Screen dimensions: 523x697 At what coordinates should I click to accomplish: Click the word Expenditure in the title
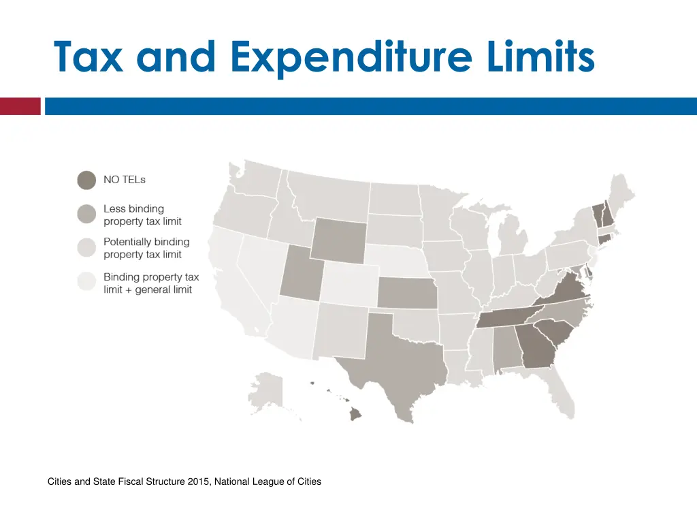tap(350, 57)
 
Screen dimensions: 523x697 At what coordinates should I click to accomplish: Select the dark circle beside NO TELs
tap(86, 180)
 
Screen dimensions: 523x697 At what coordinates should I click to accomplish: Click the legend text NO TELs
tap(125, 180)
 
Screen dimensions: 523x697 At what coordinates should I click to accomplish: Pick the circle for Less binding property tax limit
tap(86, 215)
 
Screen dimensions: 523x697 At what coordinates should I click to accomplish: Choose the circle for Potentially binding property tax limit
tap(86, 248)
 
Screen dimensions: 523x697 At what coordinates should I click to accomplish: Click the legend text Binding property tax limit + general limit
tap(151, 283)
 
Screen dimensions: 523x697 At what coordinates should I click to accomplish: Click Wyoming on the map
tap(338, 240)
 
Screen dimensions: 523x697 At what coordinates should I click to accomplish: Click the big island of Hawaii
tap(356, 414)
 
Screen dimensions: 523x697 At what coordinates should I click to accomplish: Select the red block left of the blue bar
tap(20, 106)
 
